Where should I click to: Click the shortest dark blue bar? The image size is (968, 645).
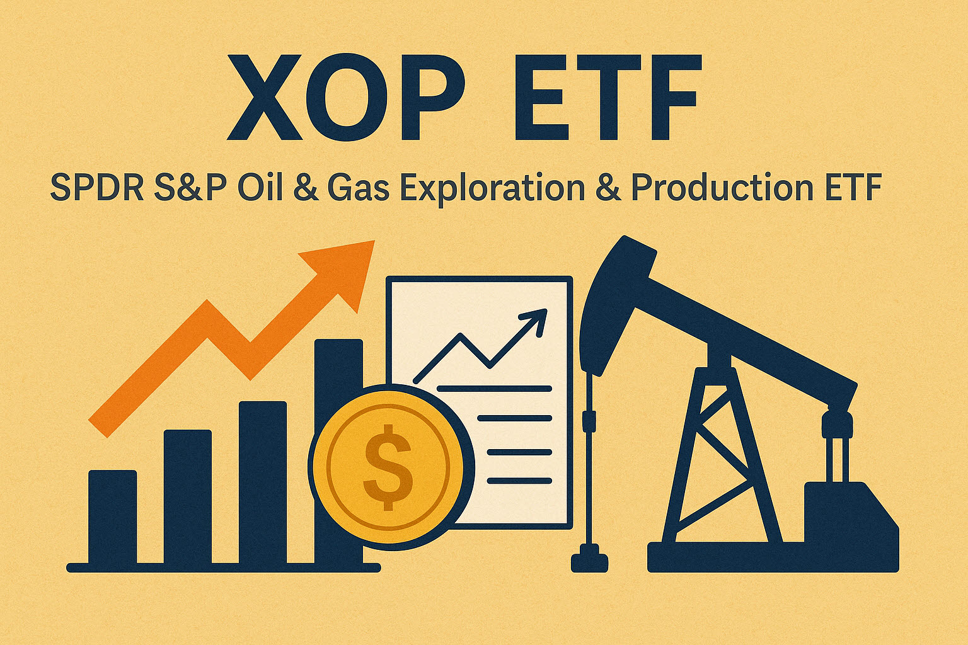[x=112, y=517]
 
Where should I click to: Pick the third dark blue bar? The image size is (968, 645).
[x=262, y=482]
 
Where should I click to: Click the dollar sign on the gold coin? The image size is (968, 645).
[x=388, y=466]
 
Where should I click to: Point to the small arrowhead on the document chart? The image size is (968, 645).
[x=536, y=318]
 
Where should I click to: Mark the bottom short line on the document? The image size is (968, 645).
[x=519, y=481]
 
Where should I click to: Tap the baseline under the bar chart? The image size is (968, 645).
[x=224, y=568]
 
